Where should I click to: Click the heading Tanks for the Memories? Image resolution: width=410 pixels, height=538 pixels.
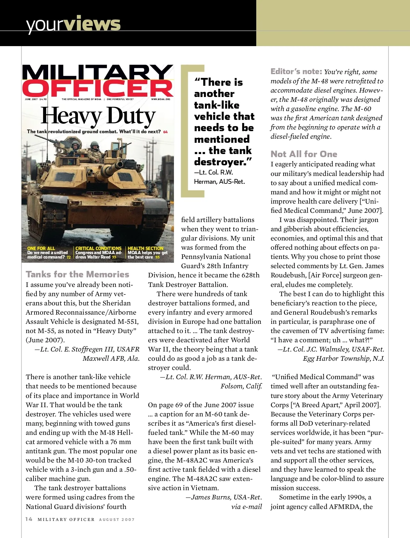pyautogui.click(x=77, y=274)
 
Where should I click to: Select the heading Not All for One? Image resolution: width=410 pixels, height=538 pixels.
pyautogui.click(x=304, y=154)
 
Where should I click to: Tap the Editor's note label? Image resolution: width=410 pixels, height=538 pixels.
pyautogui.click(x=296, y=71)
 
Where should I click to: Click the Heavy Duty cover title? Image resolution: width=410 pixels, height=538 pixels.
pyautogui.click(x=98, y=116)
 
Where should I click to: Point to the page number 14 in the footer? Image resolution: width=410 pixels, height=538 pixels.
pyautogui.click(x=29, y=519)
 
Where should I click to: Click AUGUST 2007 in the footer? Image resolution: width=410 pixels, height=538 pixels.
pyautogui.click(x=117, y=520)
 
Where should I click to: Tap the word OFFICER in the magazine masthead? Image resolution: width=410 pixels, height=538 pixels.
pyautogui.click(x=98, y=88)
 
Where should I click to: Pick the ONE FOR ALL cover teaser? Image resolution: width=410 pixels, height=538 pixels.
pyautogui.click(x=41, y=248)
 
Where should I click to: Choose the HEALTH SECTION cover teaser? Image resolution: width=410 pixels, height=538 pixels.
pyautogui.click(x=146, y=248)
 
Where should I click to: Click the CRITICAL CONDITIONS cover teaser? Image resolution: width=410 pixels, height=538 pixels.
pyautogui.click(x=98, y=248)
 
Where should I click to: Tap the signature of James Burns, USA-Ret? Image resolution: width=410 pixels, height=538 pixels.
pyautogui.click(x=224, y=497)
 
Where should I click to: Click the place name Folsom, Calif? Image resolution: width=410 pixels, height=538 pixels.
pyautogui.click(x=241, y=386)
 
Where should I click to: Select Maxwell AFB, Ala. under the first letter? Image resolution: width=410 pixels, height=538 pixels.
pyautogui.click(x=111, y=358)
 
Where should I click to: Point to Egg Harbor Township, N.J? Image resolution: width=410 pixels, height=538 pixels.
pyautogui.click(x=343, y=358)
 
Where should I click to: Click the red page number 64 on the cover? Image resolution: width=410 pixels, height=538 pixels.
pyautogui.click(x=165, y=132)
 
